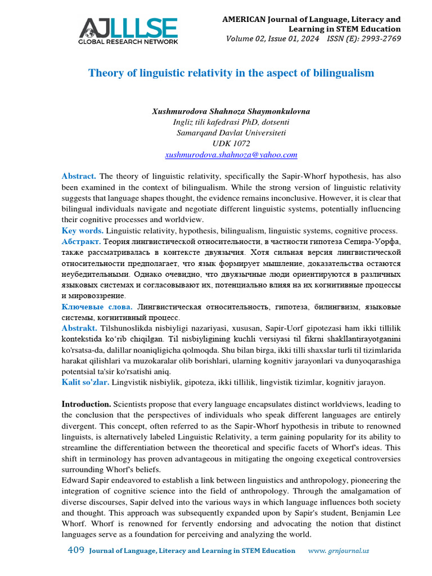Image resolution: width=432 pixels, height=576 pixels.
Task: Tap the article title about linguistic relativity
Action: pyautogui.click(x=231, y=73)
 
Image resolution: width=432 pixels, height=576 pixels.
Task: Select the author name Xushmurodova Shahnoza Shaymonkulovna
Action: pyautogui.click(x=231, y=111)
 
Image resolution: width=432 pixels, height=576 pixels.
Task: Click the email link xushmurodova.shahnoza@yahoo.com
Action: pyautogui.click(x=231, y=154)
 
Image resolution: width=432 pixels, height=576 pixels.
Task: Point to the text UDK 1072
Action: pyautogui.click(x=231, y=143)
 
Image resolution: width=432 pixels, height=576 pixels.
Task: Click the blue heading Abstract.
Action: pyautogui.click(x=79, y=177)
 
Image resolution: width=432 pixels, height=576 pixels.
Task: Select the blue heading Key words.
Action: pyautogui.click(x=82, y=231)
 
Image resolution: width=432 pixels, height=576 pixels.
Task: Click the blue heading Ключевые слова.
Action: pyautogui.click(x=97, y=307)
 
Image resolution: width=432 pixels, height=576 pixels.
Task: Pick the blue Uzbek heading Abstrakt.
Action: pyautogui.click(x=79, y=328)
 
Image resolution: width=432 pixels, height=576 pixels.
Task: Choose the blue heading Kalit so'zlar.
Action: pyautogui.click(x=85, y=382)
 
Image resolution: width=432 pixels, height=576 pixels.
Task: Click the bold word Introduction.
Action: pyautogui.click(x=86, y=404)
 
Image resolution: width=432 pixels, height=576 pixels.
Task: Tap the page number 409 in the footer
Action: pyautogui.click(x=75, y=550)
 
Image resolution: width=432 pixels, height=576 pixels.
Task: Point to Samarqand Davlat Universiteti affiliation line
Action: pyautogui.click(x=231, y=133)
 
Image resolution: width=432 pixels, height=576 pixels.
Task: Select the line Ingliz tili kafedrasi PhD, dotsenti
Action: pyautogui.click(x=231, y=122)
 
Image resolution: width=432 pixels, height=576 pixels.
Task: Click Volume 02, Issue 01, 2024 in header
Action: pyautogui.click(x=272, y=39)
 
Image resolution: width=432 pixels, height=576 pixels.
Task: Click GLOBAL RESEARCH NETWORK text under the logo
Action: pyautogui.click(x=128, y=42)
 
